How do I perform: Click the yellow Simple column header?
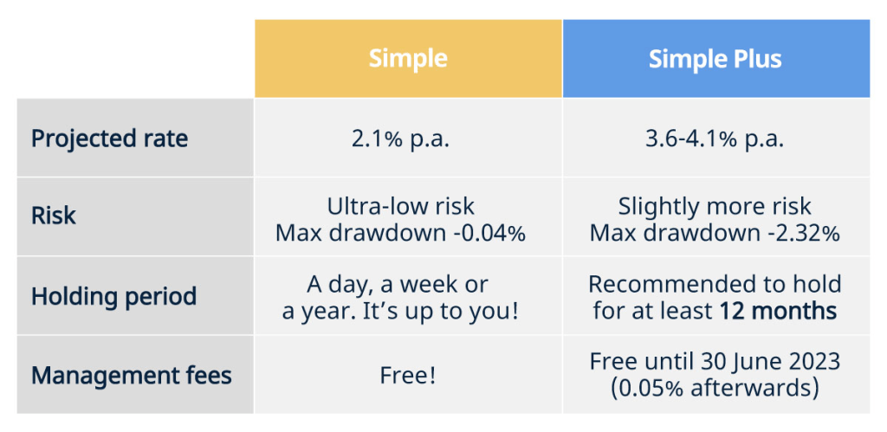[408, 58]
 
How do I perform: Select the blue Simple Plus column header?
[716, 58]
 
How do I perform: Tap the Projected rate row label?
[109, 139]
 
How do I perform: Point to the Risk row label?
[53, 216]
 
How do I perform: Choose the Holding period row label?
[113, 296]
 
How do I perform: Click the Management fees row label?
[132, 375]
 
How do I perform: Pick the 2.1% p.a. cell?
[400, 139]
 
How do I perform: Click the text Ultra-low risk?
[400, 206]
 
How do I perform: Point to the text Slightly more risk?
[715, 206]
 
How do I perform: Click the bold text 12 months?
[779, 311]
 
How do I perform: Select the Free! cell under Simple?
[408, 376]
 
